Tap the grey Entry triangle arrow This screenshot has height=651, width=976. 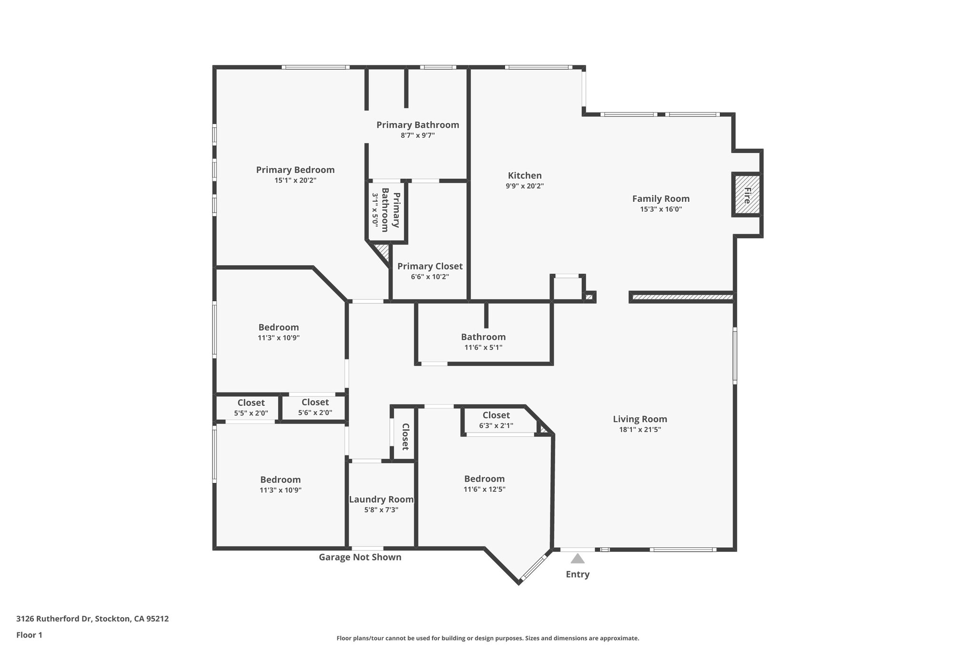point(577,558)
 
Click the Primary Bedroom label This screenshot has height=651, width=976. point(295,170)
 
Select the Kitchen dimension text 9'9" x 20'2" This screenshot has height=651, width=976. point(525,186)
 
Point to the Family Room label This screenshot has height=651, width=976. point(661,199)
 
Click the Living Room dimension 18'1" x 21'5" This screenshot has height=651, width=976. point(640,429)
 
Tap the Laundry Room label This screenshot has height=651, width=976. point(381,499)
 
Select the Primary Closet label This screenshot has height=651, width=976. point(430,266)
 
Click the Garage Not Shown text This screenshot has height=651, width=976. point(360,557)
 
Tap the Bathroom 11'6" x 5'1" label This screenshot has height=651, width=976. point(483,337)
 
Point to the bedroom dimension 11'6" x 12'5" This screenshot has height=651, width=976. point(484,489)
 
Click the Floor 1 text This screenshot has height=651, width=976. point(29,635)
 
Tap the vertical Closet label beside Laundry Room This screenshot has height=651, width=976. point(405,436)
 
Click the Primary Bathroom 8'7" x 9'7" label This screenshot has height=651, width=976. point(417,125)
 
